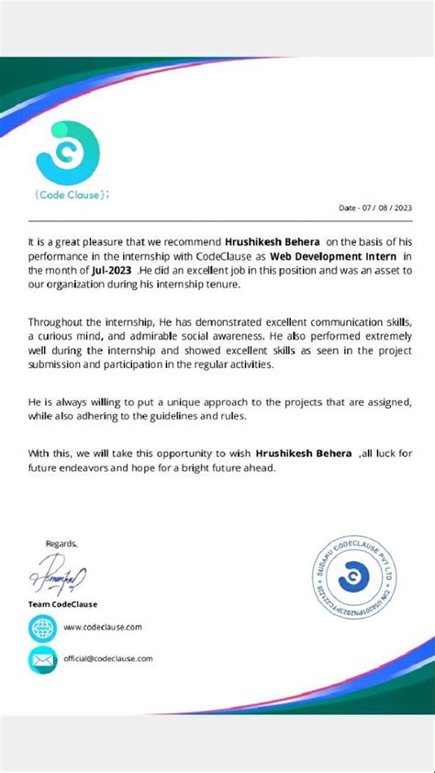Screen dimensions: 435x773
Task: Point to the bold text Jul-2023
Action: tap(111, 271)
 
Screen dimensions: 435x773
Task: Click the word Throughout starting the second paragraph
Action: tap(53, 322)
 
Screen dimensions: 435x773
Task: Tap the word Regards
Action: tap(61, 543)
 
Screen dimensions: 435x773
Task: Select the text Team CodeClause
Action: tap(62, 604)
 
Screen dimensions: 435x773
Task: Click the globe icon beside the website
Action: tap(42, 628)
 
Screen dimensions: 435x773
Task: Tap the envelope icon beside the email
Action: tap(42, 659)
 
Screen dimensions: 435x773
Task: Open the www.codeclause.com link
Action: tap(103, 627)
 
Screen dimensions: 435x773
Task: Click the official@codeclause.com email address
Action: tap(108, 658)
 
